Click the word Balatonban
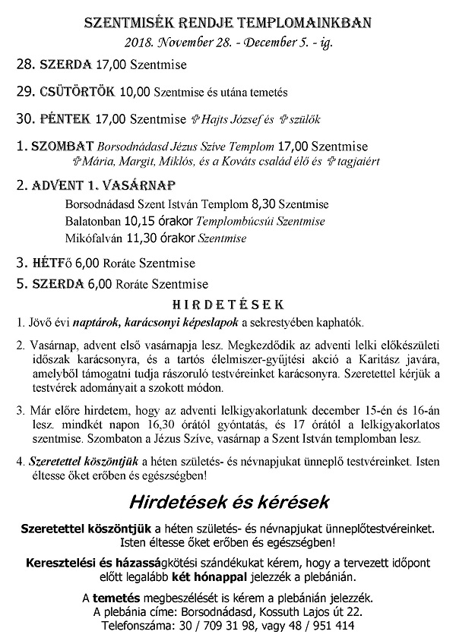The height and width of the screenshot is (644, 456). coord(93,222)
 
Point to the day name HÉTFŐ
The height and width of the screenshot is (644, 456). coord(52,263)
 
